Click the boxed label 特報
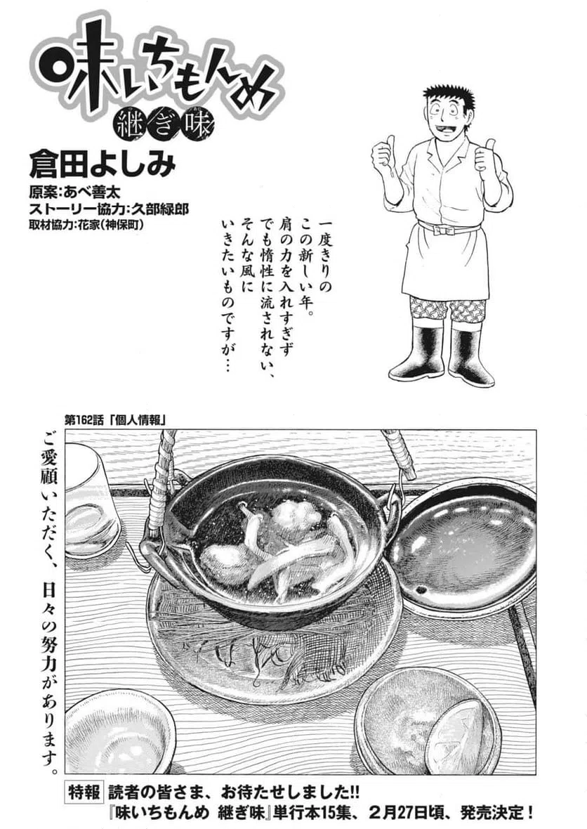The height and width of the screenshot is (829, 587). click(x=86, y=790)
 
